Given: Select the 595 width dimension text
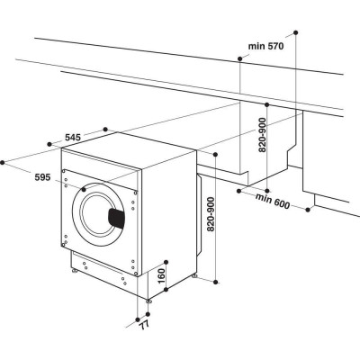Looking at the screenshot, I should click(x=41, y=178).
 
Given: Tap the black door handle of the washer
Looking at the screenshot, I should click(x=117, y=217).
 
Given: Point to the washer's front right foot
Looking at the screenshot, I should click(x=150, y=296).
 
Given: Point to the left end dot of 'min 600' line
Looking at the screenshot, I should click(x=238, y=191).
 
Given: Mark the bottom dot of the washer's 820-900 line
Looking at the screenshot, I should click(x=216, y=281).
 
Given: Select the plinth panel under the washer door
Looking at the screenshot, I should click(x=99, y=271).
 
